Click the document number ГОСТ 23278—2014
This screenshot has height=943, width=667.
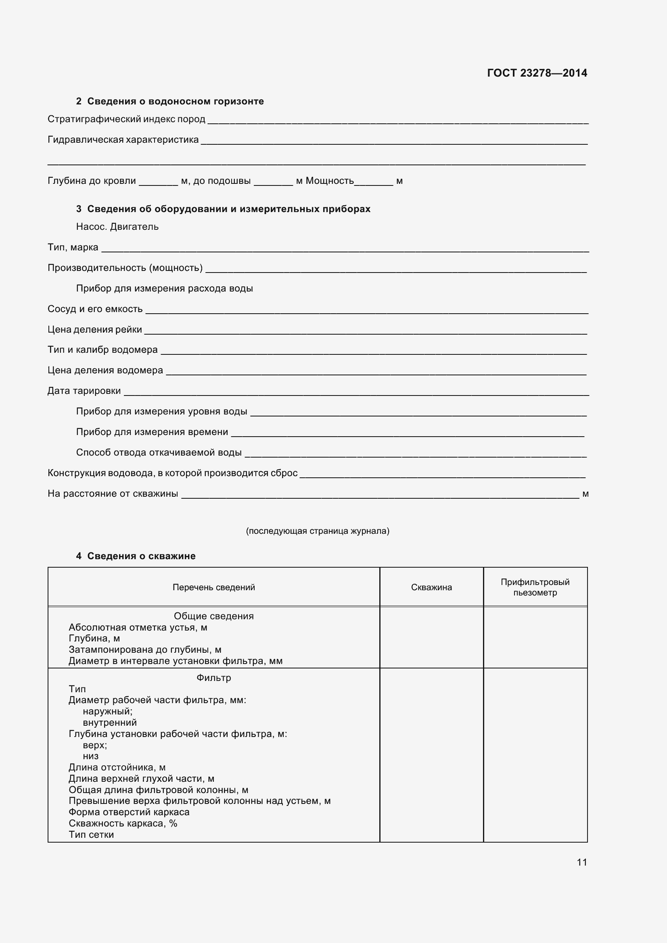click(x=537, y=73)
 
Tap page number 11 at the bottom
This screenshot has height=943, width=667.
click(x=581, y=862)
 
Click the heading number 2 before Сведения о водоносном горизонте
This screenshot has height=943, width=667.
click(x=79, y=102)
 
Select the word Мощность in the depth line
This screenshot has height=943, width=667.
click(x=329, y=181)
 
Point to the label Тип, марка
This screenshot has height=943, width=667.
click(x=73, y=247)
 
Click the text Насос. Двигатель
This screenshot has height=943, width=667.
click(x=117, y=227)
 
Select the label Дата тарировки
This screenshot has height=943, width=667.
click(x=84, y=391)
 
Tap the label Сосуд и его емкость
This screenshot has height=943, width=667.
click(x=95, y=309)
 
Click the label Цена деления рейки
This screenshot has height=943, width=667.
click(x=94, y=329)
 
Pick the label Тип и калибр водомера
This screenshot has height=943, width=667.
click(x=102, y=350)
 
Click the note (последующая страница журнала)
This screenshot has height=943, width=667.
click(x=317, y=531)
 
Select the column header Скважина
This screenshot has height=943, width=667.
click(x=431, y=587)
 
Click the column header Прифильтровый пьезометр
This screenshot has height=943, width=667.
click(x=535, y=587)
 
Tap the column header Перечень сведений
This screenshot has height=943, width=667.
click(x=213, y=587)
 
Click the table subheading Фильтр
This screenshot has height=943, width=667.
click(x=213, y=678)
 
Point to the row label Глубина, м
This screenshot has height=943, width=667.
click(x=94, y=638)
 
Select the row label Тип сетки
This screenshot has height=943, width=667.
click(x=91, y=835)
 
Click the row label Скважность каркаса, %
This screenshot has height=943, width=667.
click(x=123, y=823)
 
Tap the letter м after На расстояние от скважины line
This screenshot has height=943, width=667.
click(x=585, y=494)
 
